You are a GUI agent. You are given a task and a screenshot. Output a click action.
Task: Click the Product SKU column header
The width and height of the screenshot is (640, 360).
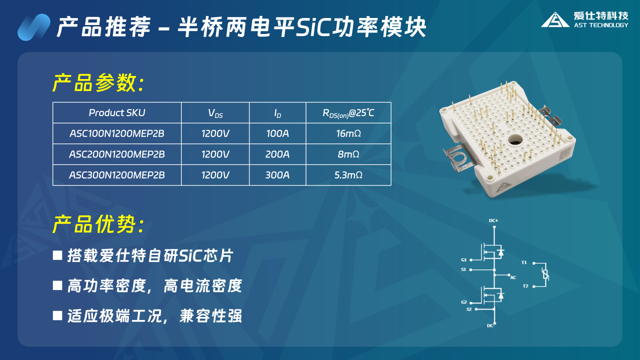(117, 113)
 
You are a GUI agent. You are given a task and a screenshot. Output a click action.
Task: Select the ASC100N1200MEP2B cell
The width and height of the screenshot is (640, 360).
(117, 133)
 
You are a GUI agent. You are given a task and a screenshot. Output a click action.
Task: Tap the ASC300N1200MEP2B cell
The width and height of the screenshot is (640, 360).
(117, 175)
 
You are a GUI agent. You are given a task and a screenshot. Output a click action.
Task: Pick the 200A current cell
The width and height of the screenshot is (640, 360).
(277, 154)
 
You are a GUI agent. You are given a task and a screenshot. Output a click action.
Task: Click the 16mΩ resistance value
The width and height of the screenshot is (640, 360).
(348, 133)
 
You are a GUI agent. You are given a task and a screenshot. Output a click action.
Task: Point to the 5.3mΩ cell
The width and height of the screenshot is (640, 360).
(348, 175)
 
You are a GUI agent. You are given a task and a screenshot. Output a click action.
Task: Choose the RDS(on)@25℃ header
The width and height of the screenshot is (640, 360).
(348, 113)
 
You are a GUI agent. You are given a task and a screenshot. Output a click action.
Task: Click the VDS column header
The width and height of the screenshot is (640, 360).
(215, 113)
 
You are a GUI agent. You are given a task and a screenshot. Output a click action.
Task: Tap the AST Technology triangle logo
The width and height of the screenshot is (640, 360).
(555, 19)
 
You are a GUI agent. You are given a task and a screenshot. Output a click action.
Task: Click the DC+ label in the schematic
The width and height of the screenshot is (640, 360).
(493, 220)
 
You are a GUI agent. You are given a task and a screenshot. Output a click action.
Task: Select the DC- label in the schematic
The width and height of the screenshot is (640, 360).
(491, 325)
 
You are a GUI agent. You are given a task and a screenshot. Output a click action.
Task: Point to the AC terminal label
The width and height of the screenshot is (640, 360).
(513, 277)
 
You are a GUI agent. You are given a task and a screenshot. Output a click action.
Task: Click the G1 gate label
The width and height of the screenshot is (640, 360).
(463, 259)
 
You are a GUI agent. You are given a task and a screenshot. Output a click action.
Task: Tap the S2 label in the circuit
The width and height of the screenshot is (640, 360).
(469, 309)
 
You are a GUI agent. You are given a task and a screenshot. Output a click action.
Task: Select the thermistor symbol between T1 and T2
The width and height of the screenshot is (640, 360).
(545, 274)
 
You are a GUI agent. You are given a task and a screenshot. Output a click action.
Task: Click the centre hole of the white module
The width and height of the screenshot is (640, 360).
(515, 140)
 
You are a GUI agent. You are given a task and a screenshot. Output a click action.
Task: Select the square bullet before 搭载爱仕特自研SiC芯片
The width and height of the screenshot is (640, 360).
(57, 255)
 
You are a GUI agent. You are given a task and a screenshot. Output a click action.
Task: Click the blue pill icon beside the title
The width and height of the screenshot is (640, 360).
(34, 27)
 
